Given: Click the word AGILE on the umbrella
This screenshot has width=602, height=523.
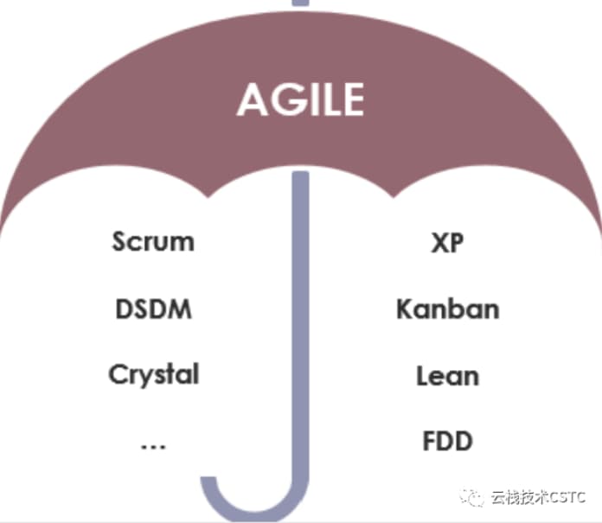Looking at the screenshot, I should click(300, 99).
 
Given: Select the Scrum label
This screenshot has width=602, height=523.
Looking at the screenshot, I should click(153, 241).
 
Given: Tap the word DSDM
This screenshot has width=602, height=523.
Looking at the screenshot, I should click(153, 309).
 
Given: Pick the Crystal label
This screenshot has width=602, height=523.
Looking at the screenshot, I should click(153, 375).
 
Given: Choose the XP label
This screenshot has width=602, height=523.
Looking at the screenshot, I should click(447, 242).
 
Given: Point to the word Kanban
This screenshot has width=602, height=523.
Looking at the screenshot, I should click(447, 309).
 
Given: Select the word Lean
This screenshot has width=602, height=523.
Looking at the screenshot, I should click(447, 376).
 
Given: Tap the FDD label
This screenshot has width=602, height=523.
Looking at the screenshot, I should click(447, 442).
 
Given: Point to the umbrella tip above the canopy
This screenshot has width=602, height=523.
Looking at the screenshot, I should click(300, 3).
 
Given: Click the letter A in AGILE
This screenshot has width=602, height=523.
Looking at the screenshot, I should click(252, 99).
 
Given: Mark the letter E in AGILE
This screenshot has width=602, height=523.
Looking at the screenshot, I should click(350, 99).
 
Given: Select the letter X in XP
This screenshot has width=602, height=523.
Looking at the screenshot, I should click(439, 242).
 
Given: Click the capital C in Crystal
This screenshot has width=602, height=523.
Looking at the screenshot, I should click(118, 374).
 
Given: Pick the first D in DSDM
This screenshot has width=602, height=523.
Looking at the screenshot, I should click(124, 309).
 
